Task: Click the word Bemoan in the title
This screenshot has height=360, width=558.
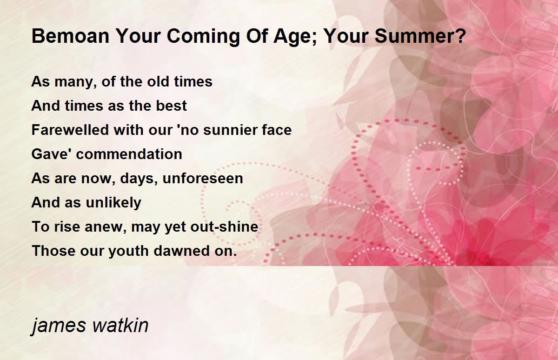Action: [71, 36]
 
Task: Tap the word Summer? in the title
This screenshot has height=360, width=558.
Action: [420, 36]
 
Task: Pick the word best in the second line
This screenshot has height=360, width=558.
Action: [172, 106]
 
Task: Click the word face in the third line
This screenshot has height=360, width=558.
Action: [277, 130]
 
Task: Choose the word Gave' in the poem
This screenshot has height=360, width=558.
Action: [52, 153]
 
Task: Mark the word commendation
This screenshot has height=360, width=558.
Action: [129, 153]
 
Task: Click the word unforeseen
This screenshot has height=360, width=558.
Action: [203, 178]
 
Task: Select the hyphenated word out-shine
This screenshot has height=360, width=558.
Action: [224, 226]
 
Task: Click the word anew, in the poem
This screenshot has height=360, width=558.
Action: [106, 227]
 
